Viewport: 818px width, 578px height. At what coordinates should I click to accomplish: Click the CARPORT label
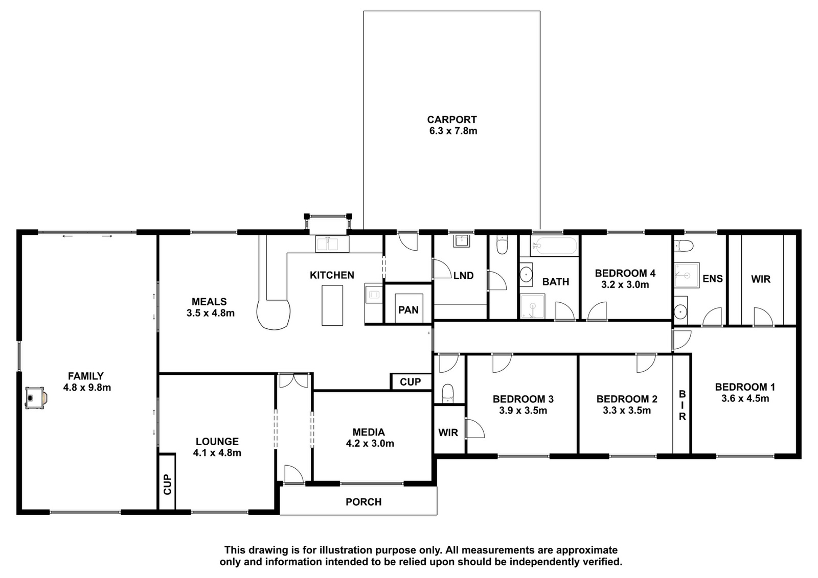[452, 119]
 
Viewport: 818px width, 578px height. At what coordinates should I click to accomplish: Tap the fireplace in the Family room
[36, 398]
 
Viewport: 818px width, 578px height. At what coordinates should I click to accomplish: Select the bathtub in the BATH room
[554, 246]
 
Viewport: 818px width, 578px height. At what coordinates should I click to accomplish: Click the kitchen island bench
[332, 305]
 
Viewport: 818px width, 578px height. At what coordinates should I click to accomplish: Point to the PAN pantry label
[408, 310]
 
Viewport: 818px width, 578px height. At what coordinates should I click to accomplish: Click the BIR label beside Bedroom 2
[682, 405]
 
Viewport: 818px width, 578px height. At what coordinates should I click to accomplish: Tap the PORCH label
[363, 502]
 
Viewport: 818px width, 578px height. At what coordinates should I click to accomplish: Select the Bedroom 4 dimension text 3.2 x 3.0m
[625, 284]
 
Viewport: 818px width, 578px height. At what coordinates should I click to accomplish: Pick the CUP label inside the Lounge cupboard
[167, 484]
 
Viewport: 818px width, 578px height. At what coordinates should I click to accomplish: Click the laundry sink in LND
[463, 241]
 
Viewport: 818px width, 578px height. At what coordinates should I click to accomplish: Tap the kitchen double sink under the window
[332, 244]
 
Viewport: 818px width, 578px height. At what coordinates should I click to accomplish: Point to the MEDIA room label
[369, 432]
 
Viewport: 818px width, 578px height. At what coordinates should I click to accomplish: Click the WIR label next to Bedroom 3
[448, 432]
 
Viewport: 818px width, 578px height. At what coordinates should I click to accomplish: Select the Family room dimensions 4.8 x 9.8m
[87, 387]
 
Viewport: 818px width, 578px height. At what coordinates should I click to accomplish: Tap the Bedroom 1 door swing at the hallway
[681, 340]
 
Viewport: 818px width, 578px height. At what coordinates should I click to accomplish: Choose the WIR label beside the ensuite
[761, 279]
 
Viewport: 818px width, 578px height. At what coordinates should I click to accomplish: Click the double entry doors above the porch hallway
[293, 380]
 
